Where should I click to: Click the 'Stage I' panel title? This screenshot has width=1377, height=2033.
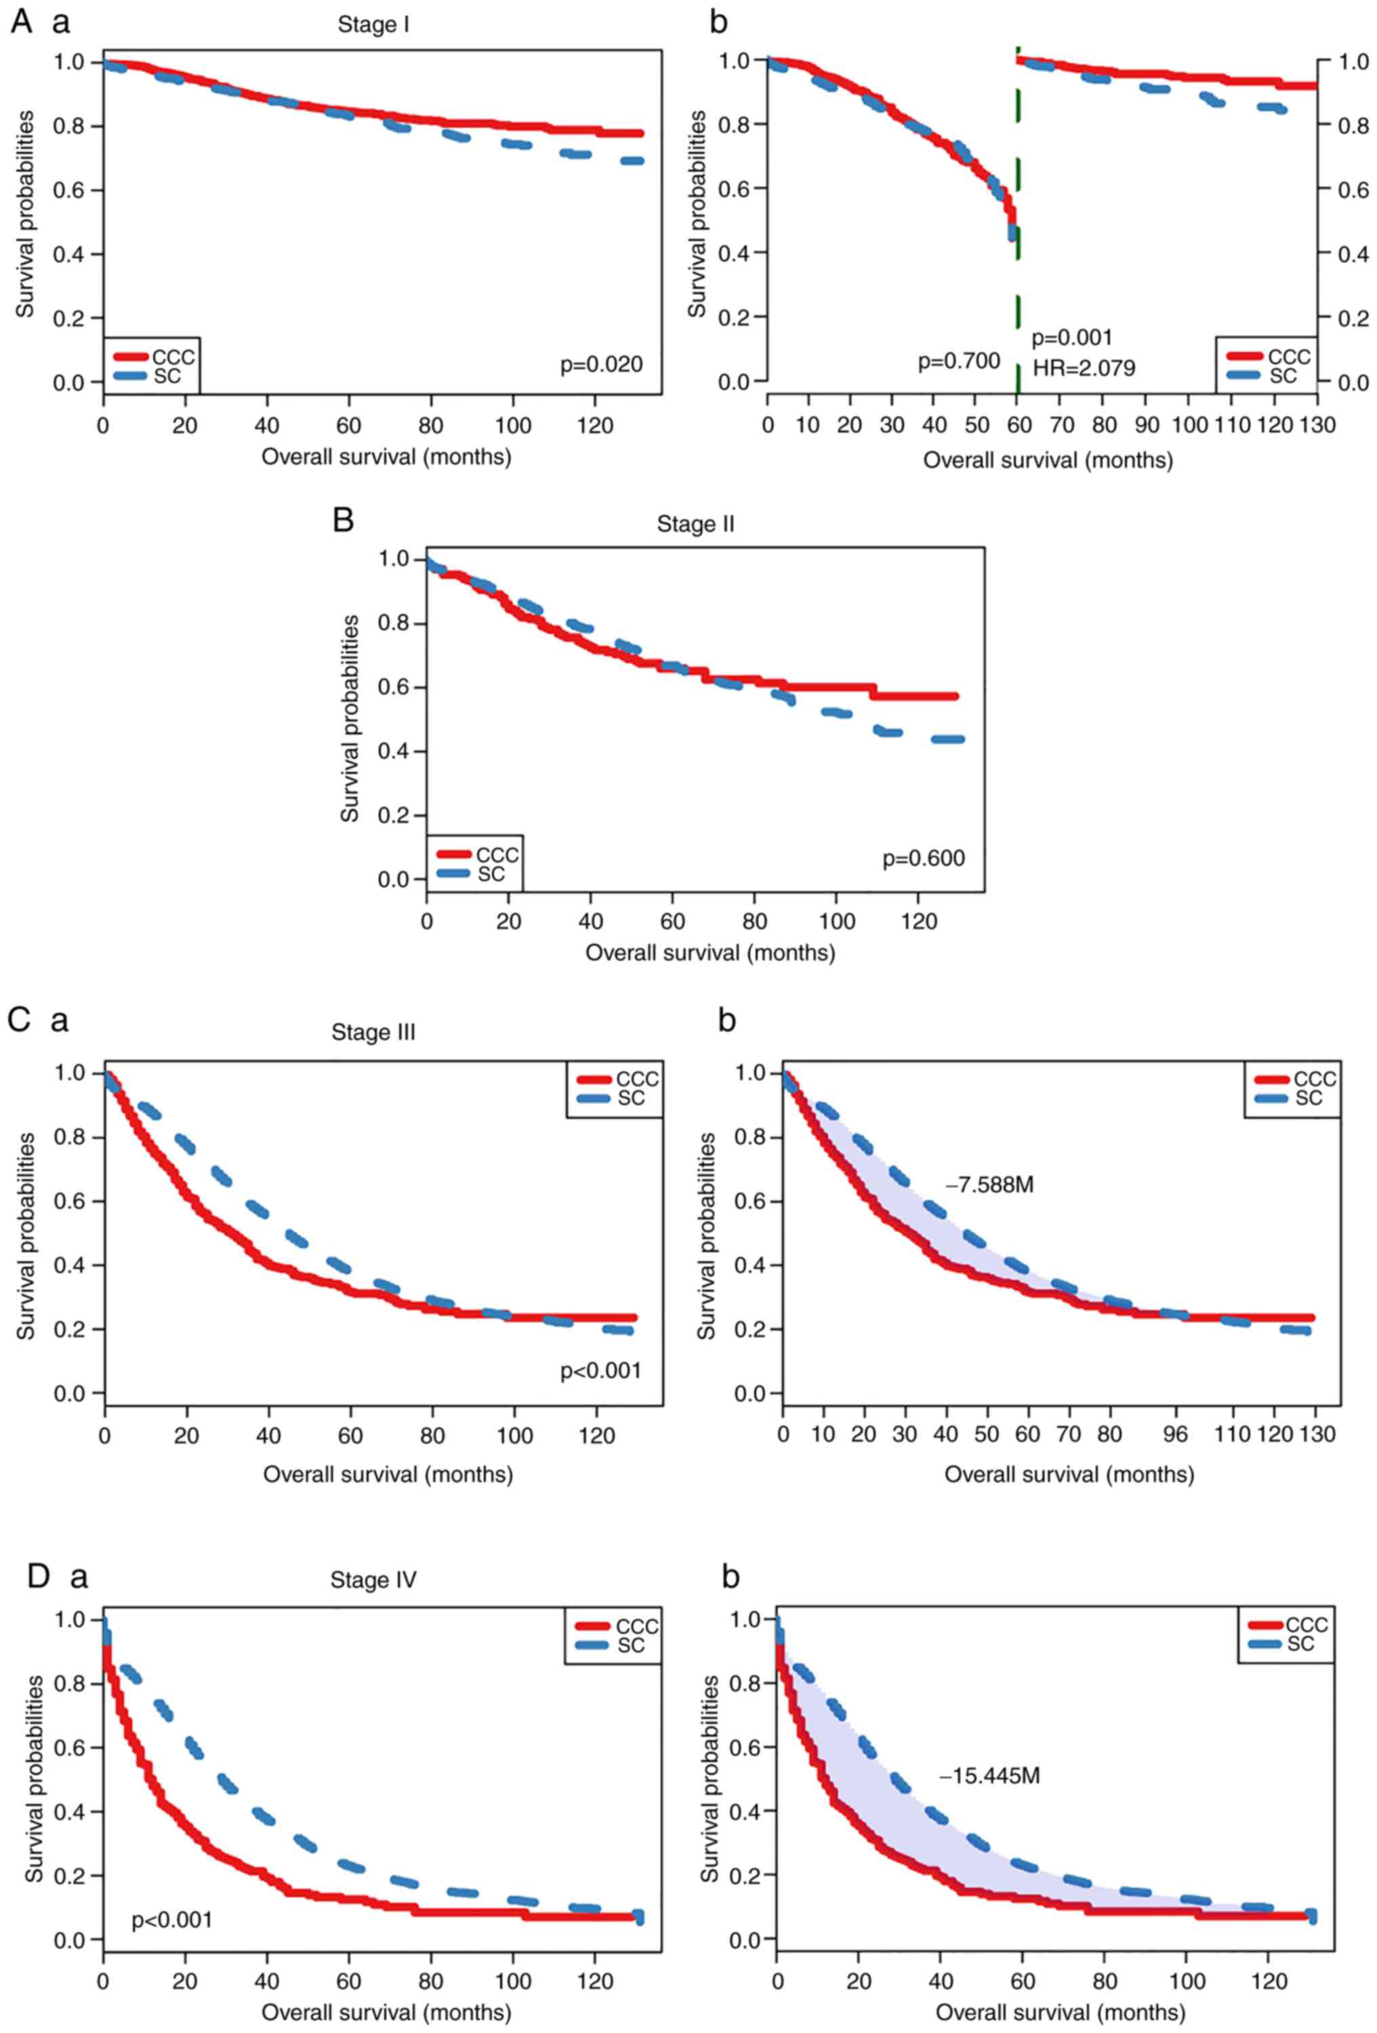point(373,25)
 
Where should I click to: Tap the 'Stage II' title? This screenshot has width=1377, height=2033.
point(695,524)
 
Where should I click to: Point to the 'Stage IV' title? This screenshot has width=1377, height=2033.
point(373,1580)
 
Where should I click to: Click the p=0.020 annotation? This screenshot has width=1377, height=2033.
point(601,364)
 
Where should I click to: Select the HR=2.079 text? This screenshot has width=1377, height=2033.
point(1084,368)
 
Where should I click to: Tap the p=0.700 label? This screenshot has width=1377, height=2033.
point(958,361)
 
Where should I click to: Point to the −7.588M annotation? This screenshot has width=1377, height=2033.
point(989,1185)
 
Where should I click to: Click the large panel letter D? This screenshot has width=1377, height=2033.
point(39,1576)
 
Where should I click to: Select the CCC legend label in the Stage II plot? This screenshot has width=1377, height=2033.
point(497,855)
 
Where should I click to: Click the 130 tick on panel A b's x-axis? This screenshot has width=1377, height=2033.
point(1317,425)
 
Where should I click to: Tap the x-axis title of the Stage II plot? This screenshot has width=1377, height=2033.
point(710,953)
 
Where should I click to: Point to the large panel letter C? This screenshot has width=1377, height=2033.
point(19,1019)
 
